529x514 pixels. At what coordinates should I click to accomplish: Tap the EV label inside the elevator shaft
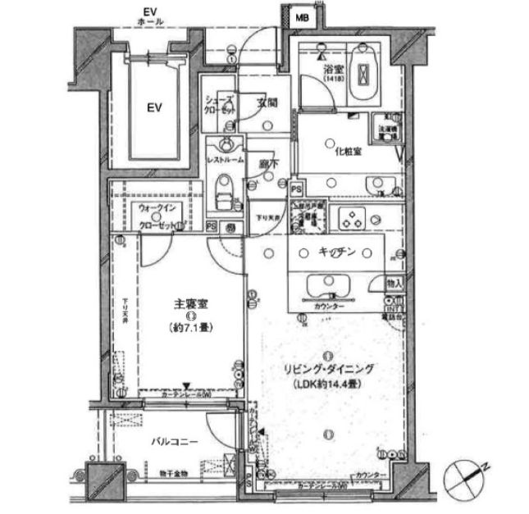153,107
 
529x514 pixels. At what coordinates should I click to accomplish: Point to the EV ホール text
151,16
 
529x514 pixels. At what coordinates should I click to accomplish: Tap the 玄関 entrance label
267,104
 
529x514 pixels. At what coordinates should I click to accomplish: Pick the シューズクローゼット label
219,103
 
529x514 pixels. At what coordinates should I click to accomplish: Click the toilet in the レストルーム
224,193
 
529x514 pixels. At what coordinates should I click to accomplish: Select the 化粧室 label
349,152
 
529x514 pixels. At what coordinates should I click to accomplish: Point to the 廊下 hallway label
267,165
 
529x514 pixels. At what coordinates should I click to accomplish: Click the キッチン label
336,254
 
